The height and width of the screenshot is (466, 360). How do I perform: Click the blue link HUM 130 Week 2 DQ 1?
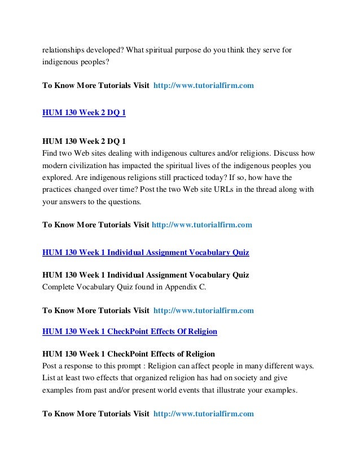click(x=84, y=113)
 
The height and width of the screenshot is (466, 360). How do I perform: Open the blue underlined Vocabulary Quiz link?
click(x=146, y=252)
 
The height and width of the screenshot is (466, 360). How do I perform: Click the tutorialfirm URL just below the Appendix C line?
click(x=203, y=310)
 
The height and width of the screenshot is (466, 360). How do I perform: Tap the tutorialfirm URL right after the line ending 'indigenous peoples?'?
click(x=203, y=85)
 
